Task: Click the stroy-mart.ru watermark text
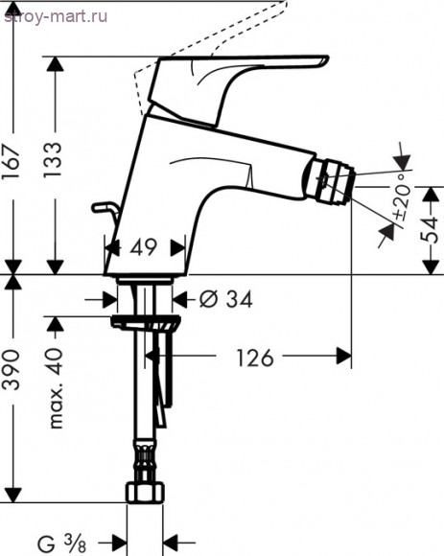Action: (56, 16)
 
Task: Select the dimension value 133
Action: (53, 160)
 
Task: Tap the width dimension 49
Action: (143, 246)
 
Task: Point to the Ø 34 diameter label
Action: (225, 299)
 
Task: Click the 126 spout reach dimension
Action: (255, 359)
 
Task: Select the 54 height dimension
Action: (429, 230)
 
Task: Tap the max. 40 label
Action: (55, 388)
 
